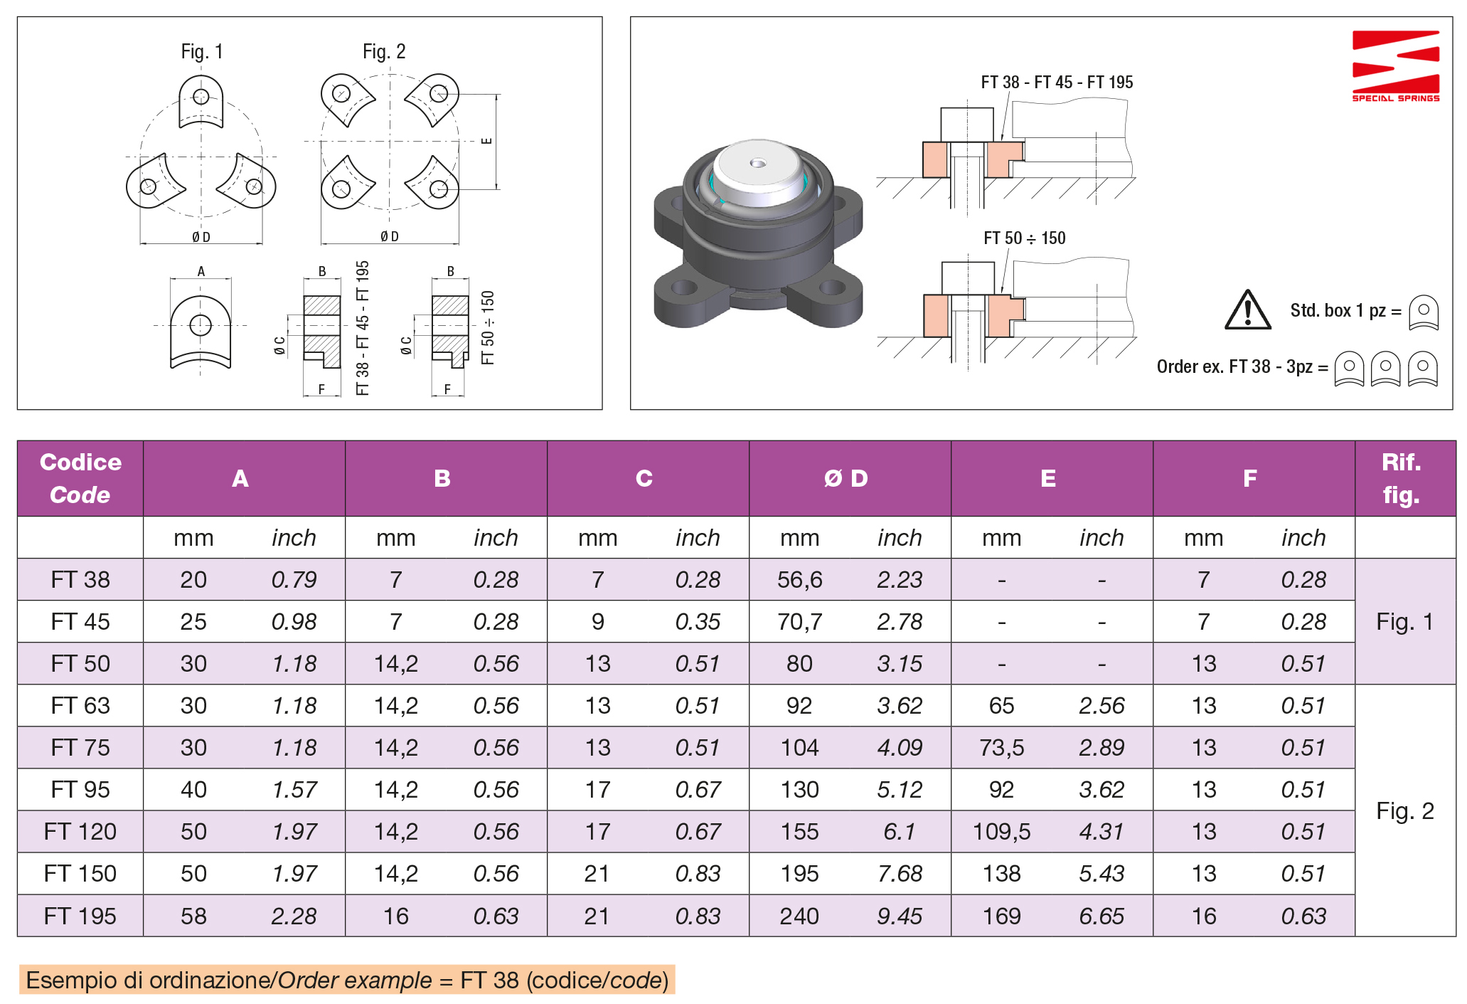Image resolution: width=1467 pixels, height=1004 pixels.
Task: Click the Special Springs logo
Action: pyautogui.click(x=1395, y=65)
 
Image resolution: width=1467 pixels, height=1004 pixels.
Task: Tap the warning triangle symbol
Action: pyautogui.click(x=1247, y=311)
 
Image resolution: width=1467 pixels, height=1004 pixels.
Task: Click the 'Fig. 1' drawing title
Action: pyautogui.click(x=202, y=52)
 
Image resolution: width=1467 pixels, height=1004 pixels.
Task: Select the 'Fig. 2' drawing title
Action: pyautogui.click(x=384, y=52)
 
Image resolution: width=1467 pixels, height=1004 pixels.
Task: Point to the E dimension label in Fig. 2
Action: pyautogui.click(x=487, y=141)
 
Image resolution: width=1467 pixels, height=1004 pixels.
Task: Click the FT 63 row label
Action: pyautogui.click(x=80, y=706)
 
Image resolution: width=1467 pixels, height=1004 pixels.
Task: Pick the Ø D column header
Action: pyautogui.click(x=846, y=479)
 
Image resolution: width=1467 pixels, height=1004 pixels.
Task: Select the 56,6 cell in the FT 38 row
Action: pyautogui.click(x=799, y=580)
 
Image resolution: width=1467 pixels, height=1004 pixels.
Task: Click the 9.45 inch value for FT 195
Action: pyautogui.click(x=900, y=916)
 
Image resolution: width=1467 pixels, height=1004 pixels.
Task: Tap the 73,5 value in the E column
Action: pyautogui.click(x=1001, y=748)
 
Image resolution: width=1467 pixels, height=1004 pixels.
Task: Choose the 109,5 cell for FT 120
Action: pyautogui.click(x=1001, y=832)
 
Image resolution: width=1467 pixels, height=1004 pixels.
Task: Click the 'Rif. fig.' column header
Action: pyautogui.click(x=1401, y=479)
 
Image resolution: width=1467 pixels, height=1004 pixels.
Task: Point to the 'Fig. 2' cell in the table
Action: pyautogui.click(x=1404, y=811)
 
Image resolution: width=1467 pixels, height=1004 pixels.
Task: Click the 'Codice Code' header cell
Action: pyautogui.click(x=80, y=479)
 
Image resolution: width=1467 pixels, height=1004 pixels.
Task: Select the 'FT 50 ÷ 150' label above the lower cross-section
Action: pyautogui.click(x=1025, y=238)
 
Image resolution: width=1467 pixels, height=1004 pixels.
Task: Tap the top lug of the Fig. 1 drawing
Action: pyautogui.click(x=201, y=102)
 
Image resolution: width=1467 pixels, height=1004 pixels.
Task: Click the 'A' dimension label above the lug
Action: pyautogui.click(x=201, y=271)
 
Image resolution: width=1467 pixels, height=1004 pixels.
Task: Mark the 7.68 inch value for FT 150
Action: pyautogui.click(x=900, y=874)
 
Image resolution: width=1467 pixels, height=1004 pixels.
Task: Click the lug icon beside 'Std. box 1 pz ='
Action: pyautogui.click(x=1424, y=312)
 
